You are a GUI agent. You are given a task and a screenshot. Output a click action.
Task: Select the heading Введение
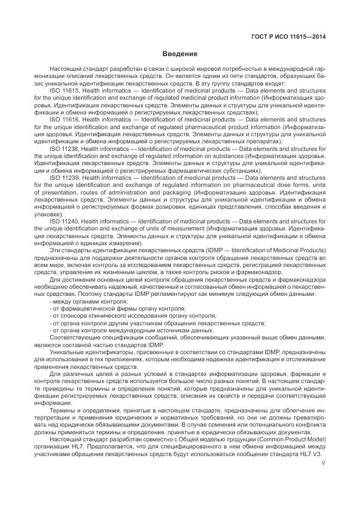tap(180, 54)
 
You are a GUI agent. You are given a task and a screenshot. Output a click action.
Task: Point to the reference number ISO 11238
tap(64, 148)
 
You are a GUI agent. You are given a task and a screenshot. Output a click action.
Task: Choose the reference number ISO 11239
tap(64, 178)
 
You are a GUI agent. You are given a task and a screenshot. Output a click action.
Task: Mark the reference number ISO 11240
tap(64, 221)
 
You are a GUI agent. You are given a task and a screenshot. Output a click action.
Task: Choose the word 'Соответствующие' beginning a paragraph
tap(74, 338)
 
